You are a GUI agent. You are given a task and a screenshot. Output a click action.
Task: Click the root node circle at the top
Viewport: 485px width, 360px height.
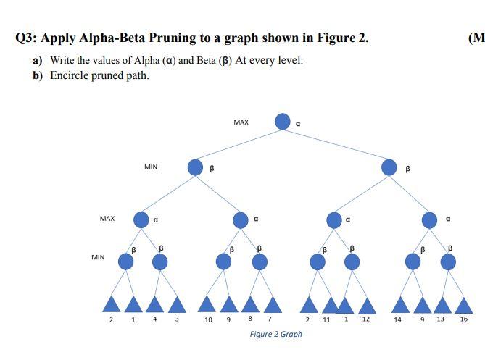(x=283, y=122)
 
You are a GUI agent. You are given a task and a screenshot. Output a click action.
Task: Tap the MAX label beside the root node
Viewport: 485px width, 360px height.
(x=241, y=122)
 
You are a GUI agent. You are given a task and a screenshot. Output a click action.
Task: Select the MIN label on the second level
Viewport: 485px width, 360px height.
(x=151, y=167)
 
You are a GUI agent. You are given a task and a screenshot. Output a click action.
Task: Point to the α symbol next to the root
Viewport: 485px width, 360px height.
(x=298, y=124)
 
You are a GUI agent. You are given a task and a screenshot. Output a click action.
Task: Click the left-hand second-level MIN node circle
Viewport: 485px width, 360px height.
(x=195, y=167)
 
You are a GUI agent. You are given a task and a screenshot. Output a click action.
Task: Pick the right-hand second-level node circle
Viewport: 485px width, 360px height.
(x=389, y=167)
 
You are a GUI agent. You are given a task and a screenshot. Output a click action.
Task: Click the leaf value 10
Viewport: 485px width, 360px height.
(x=208, y=319)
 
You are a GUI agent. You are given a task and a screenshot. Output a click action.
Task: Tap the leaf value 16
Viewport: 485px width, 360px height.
(x=463, y=319)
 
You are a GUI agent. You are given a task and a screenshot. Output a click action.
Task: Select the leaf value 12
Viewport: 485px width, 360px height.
(x=366, y=319)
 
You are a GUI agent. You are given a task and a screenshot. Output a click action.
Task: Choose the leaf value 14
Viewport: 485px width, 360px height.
(x=397, y=319)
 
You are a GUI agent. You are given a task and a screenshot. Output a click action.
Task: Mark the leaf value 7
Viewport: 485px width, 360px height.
(x=269, y=319)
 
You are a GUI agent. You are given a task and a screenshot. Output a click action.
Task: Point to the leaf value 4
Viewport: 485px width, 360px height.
(x=154, y=319)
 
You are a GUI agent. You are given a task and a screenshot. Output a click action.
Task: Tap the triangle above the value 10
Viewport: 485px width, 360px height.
(x=208, y=304)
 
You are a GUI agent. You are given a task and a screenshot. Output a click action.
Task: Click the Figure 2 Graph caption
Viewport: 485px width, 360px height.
(x=275, y=334)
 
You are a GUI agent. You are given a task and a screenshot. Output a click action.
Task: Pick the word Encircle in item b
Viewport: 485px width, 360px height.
(x=69, y=75)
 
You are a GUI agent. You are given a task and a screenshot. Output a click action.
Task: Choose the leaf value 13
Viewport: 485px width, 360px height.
(x=440, y=319)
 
